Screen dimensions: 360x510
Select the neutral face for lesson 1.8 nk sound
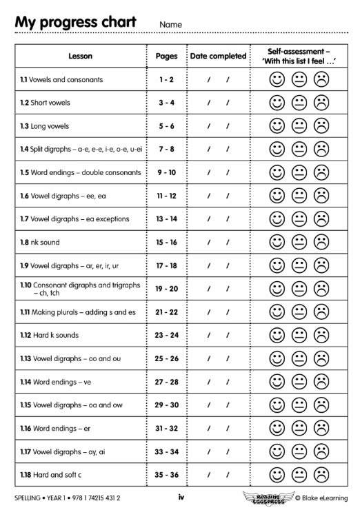coord(299,242)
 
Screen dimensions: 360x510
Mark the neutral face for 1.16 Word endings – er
coord(299,428)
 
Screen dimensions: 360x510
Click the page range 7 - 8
coord(166,149)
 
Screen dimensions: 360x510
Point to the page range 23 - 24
coord(166,335)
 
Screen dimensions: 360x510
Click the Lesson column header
coord(81,56)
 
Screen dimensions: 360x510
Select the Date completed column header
coord(218,56)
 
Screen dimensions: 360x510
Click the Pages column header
coord(166,56)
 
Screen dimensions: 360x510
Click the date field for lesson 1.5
coord(218,172)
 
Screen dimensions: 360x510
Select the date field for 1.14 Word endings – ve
coord(218,381)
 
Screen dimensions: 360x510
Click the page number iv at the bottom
coord(180,497)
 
